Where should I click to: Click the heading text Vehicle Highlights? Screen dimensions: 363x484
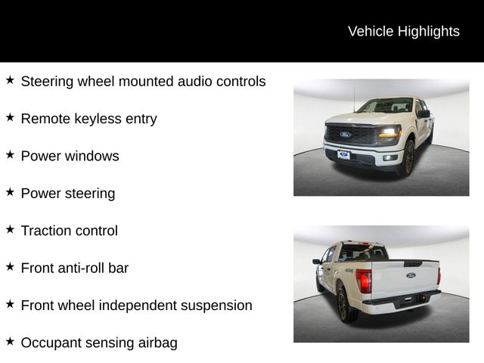[403, 31]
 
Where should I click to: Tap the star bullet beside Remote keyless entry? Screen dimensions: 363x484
[10, 117]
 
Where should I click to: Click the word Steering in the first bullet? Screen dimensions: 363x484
[46, 81]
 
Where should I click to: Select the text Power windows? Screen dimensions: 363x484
[70, 156]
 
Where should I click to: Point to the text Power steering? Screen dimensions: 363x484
[68, 194]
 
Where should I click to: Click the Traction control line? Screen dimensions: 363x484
[69, 231]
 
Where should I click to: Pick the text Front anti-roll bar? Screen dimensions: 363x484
[74, 268]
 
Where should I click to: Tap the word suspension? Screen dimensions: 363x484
[211, 306]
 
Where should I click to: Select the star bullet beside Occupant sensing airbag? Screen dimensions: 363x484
[10, 342]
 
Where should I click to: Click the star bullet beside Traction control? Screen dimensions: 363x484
[10, 230]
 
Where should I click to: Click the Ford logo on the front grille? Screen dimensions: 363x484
[345, 135]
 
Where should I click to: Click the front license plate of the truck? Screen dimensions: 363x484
[344, 155]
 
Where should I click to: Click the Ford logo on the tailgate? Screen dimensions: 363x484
[411, 275]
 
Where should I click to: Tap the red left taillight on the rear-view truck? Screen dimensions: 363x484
[365, 281]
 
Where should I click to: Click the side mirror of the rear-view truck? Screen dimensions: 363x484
[317, 262]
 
